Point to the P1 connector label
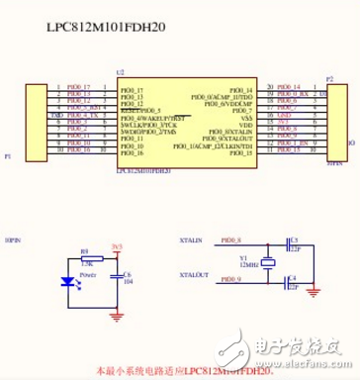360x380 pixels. pyautogui.click(x=9, y=157)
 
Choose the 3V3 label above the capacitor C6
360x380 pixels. pyautogui.click(x=117, y=245)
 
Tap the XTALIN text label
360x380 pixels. pyautogui.click(x=192, y=240)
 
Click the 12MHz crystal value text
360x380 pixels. pyautogui.click(x=248, y=264)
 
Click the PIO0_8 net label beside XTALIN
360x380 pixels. pyautogui.click(x=231, y=240)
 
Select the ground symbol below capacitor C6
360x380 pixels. pyautogui.click(x=118, y=315)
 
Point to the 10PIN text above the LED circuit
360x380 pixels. pyautogui.click(x=14, y=240)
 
